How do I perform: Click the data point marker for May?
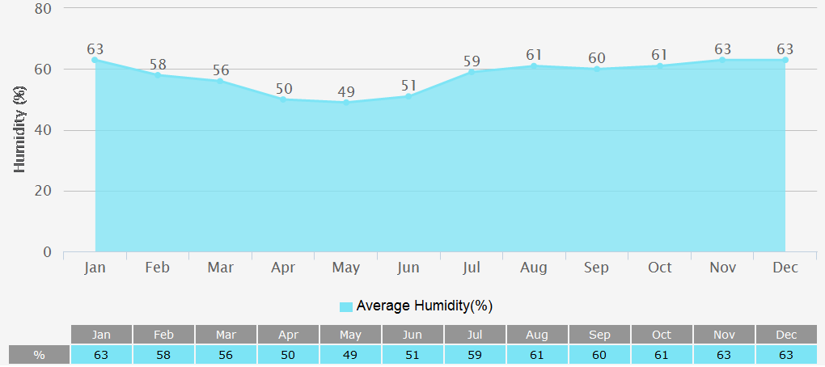click(x=346, y=103)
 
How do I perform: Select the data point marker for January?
click(x=95, y=60)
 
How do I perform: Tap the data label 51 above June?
click(x=408, y=86)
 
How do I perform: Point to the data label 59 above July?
click(x=472, y=61)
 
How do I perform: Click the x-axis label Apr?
click(x=283, y=268)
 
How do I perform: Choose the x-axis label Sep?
click(x=597, y=268)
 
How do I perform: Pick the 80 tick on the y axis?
click(x=43, y=9)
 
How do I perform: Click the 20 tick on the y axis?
click(x=43, y=192)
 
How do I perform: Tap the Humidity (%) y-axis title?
click(x=21, y=130)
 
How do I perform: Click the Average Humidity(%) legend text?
click(x=425, y=306)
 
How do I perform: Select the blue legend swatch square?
click(x=346, y=306)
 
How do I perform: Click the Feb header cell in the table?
click(x=164, y=335)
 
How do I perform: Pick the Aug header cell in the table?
click(x=537, y=335)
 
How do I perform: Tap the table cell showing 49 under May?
click(x=350, y=355)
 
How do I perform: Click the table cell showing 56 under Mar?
click(x=226, y=355)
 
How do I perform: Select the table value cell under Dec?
click(x=786, y=355)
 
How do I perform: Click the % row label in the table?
click(x=39, y=355)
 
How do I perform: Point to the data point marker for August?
click(x=534, y=65)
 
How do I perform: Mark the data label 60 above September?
click(x=597, y=58)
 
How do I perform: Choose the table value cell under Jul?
click(x=475, y=355)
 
